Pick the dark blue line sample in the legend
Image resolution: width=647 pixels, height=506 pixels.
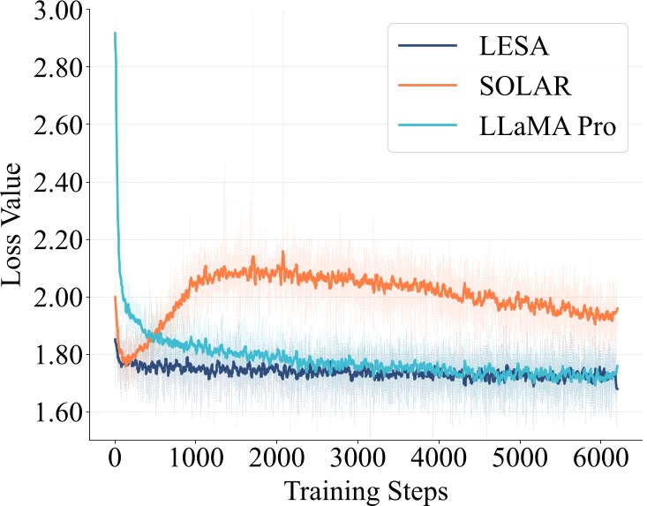428,44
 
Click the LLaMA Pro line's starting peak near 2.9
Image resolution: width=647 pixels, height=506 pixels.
115,34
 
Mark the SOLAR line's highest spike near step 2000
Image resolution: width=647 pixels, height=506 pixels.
283,252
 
